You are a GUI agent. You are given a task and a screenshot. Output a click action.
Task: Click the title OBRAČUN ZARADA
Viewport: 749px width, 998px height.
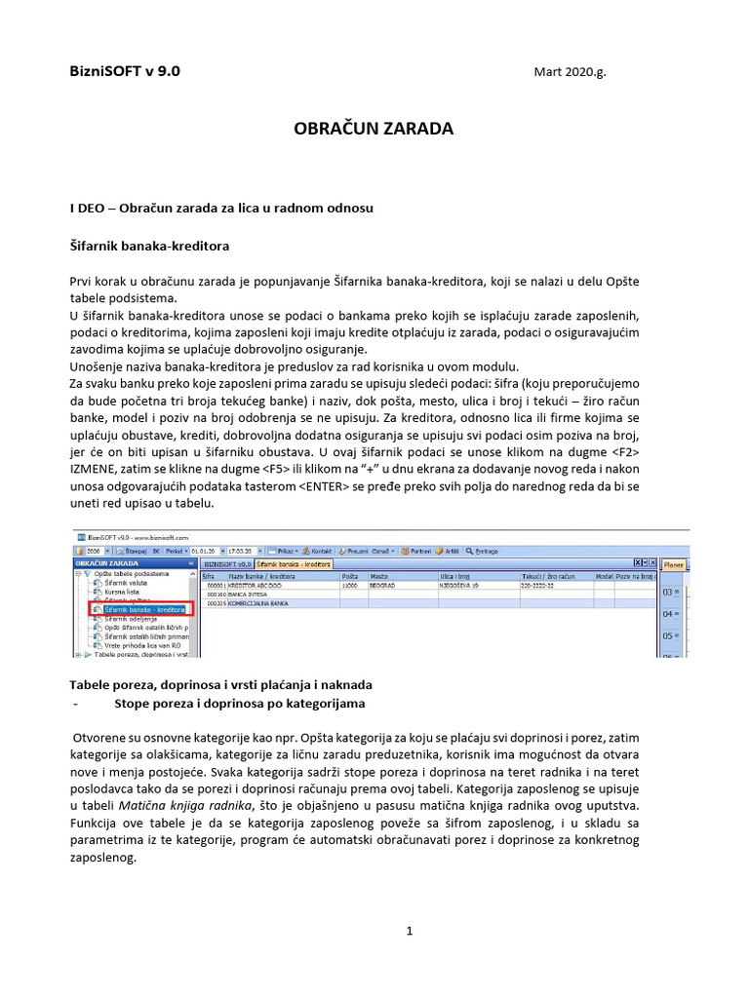click(374, 128)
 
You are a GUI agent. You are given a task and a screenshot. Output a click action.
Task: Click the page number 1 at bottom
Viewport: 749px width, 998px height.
click(411, 931)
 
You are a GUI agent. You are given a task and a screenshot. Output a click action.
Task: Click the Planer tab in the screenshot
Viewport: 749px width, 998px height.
click(700, 563)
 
